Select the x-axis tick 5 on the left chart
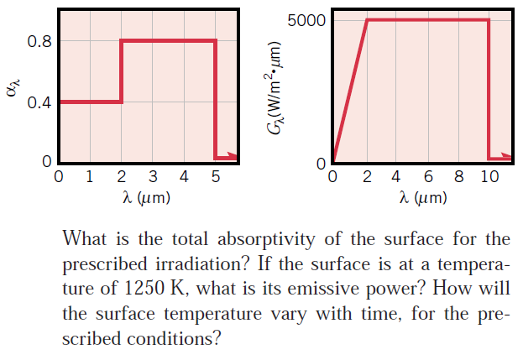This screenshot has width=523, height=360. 216,177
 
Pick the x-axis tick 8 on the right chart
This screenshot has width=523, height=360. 458,177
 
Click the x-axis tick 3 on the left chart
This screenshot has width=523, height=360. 153,177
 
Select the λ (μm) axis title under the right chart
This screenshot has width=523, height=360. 423,198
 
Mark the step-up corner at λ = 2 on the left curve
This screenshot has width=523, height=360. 122,102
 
